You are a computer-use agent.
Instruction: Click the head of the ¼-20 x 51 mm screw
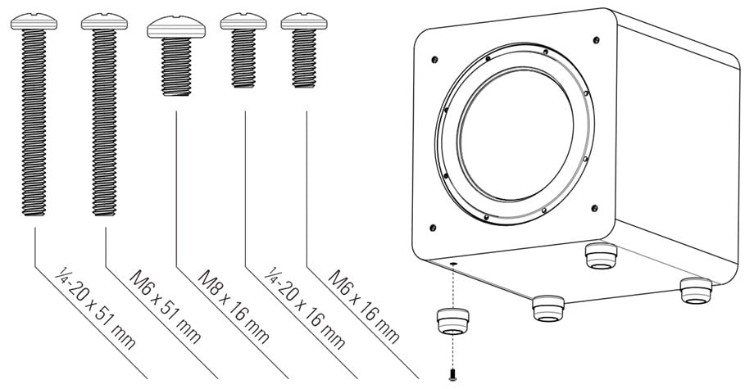pyautogui.click(x=34, y=21)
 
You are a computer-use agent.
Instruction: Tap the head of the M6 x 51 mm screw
pyautogui.click(x=104, y=21)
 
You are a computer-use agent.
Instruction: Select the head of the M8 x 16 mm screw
pyautogui.click(x=176, y=27)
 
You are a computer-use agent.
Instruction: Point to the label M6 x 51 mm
pyautogui.click(x=166, y=306)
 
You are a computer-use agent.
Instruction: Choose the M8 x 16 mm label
pyautogui.click(x=234, y=307)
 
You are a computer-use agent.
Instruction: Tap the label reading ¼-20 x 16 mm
pyautogui.click(x=305, y=308)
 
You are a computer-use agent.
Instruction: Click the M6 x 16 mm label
pyautogui.click(x=364, y=307)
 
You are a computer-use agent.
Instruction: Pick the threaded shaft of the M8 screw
pyautogui.click(x=176, y=67)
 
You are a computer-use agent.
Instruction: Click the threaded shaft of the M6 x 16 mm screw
pyautogui.click(x=304, y=58)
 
